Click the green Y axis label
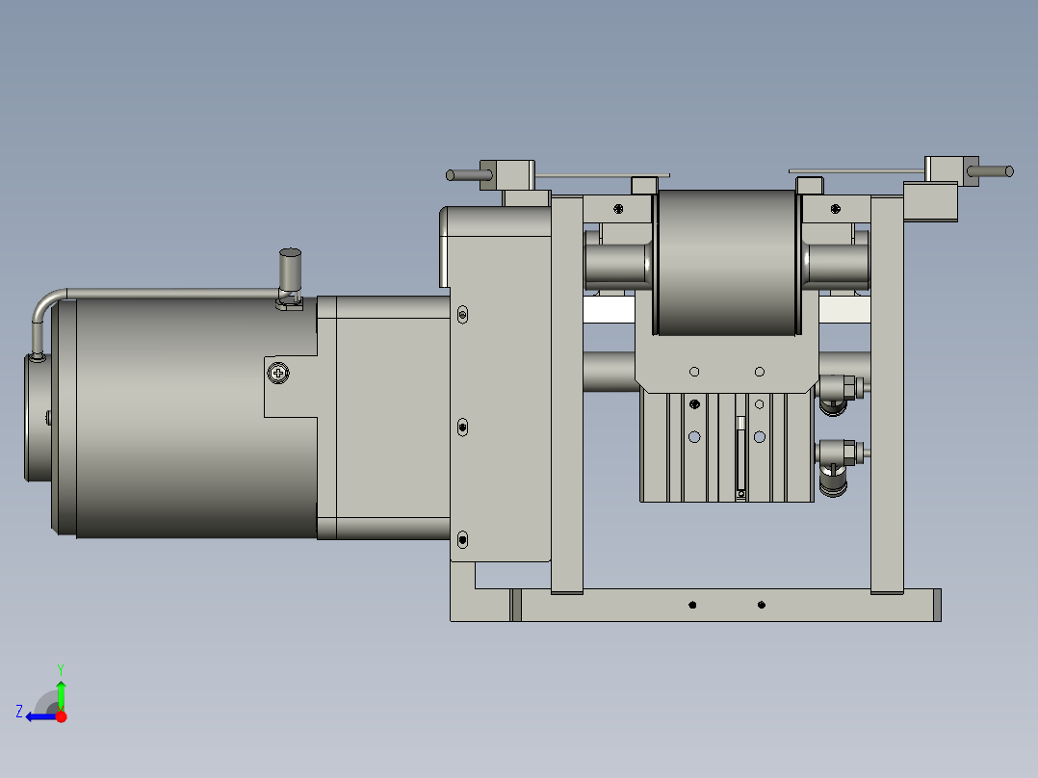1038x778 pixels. (60, 668)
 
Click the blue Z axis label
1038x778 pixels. (19, 712)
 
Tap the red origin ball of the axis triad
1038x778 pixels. (61, 716)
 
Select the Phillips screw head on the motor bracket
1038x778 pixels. (279, 372)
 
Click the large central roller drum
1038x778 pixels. (727, 263)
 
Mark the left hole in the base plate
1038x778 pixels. (692, 605)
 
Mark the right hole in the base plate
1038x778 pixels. (762, 605)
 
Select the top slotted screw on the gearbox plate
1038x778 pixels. (463, 314)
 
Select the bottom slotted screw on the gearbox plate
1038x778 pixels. (463, 540)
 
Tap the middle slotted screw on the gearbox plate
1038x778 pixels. (463, 425)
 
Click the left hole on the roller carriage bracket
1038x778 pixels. (693, 372)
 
